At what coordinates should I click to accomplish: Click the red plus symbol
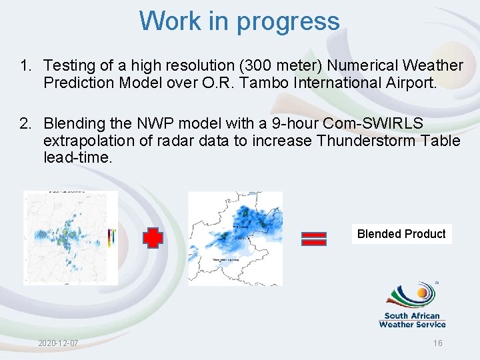pyautogui.click(x=153, y=238)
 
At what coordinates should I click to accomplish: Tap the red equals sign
pyautogui.click(x=314, y=238)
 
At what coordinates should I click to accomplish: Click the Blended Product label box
pyautogui.click(x=401, y=234)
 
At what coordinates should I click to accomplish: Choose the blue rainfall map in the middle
pyautogui.click(x=235, y=238)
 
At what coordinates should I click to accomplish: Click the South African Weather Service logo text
pyautogui.click(x=412, y=320)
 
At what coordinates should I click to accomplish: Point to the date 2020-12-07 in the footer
pyautogui.click(x=58, y=343)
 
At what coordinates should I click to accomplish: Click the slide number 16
pyautogui.click(x=437, y=343)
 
